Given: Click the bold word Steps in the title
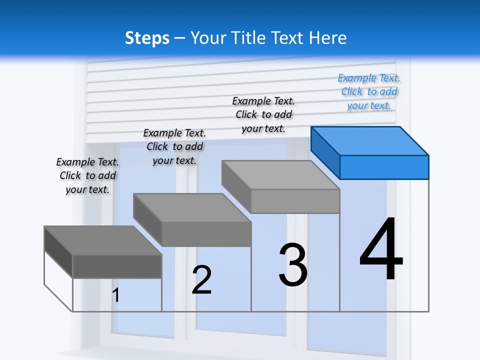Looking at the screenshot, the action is [146, 38].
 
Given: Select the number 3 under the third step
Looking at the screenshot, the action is [293, 265].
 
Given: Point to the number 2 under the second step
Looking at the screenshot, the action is [201, 280].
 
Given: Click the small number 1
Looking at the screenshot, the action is [115, 295].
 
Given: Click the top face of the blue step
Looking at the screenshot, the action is [369, 140].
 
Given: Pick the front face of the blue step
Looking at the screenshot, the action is [384, 167].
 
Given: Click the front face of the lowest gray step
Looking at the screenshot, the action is [117, 266].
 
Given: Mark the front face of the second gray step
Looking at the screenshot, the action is [206, 234].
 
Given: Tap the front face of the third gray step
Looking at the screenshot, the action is [295, 201].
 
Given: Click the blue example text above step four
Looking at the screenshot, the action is [369, 91].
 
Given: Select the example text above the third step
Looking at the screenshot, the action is [263, 114].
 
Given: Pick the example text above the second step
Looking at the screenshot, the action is [174, 146].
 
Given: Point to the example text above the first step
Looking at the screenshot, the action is [87, 175].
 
